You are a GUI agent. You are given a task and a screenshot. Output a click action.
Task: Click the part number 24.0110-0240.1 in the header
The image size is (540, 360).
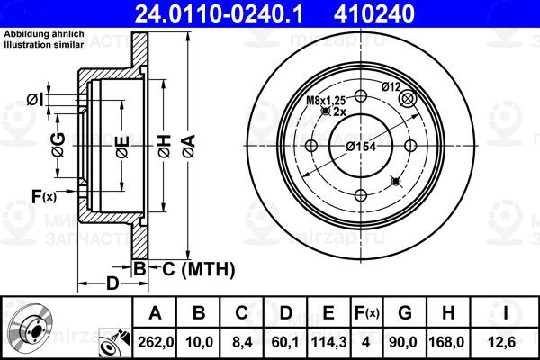point(219,13)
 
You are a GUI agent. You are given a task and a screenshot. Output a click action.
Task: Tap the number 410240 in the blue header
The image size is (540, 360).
point(374,13)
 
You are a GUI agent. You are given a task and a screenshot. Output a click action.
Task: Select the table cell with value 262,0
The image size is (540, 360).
point(156,342)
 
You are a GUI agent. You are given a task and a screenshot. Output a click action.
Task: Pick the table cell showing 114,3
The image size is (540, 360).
point(328,342)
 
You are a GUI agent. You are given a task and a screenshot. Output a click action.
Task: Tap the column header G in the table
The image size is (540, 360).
point(405,313)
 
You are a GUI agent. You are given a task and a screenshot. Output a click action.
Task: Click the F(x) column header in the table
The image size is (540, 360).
point(367,313)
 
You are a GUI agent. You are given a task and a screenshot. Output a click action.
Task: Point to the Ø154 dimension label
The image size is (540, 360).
point(361,147)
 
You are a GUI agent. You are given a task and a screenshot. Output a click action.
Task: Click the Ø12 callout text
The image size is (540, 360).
point(391,86)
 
